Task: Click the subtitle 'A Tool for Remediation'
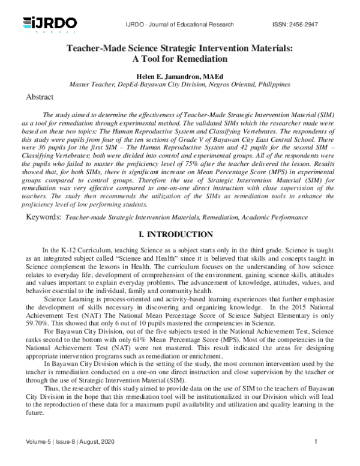(x=180, y=59)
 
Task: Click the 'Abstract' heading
(x=40, y=97)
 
